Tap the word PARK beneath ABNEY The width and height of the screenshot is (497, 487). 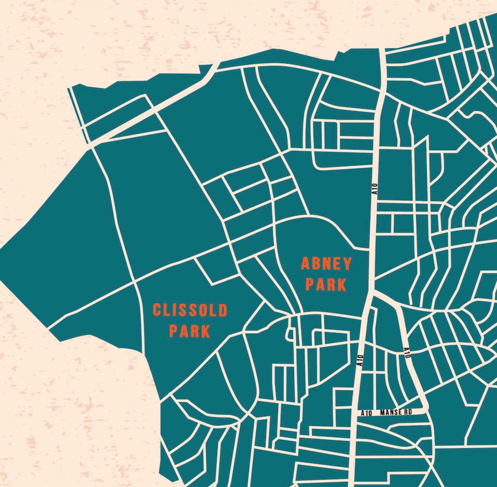[x=326, y=284]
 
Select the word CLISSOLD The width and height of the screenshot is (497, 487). [x=190, y=310]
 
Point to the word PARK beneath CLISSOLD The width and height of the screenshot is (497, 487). [x=190, y=331]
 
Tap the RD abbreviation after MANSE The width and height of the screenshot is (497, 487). [x=408, y=413]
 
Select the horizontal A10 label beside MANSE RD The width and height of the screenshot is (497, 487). [x=366, y=413]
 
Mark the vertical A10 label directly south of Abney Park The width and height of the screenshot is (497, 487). [x=361, y=360]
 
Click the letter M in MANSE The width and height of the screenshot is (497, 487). [x=382, y=413]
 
